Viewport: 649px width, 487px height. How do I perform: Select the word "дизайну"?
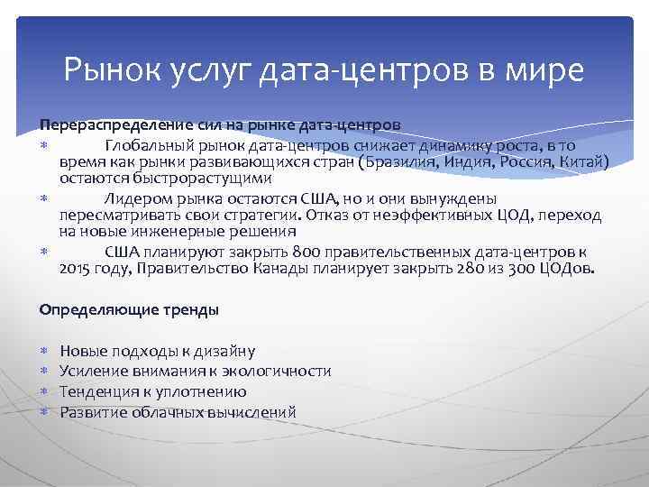[x=222, y=351]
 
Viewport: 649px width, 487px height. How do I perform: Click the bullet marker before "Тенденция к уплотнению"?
[x=44, y=392]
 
